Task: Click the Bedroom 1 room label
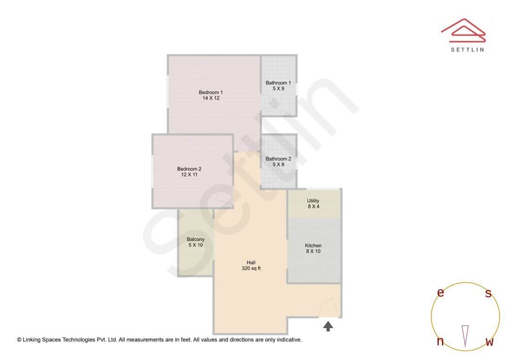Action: click(211, 92)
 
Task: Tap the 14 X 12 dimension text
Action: click(211, 98)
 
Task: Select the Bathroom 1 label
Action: click(278, 83)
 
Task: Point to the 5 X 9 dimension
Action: click(278, 89)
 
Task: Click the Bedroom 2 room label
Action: click(189, 169)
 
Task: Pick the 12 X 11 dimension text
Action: click(189, 175)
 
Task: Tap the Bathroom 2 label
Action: click(278, 159)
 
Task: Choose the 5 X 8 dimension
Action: click(278, 164)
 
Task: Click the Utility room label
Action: click(313, 201)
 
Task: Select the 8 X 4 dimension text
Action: click(313, 206)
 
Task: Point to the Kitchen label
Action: click(313, 245)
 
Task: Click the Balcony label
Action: click(196, 239)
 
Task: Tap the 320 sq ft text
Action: click(251, 269)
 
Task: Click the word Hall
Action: click(251, 262)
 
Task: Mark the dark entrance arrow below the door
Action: click(328, 326)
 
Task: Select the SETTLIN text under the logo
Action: click(467, 49)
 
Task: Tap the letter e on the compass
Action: click(441, 293)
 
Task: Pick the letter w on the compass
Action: click(489, 342)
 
